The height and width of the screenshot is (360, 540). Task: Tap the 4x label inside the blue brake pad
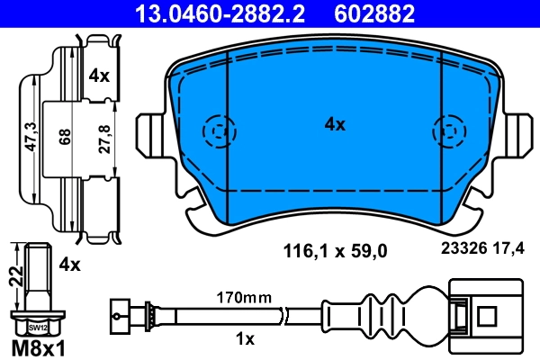tap(334, 125)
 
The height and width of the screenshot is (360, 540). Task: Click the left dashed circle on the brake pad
tap(216, 134)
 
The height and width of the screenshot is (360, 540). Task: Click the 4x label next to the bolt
tap(70, 265)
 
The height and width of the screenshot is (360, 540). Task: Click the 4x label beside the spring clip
tap(99, 76)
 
